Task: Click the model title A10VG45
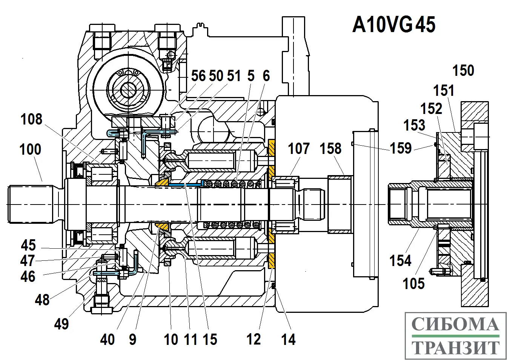[394, 25]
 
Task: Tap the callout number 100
[30, 149]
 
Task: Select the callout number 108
[32, 119]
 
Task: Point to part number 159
[401, 148]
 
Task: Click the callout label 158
[331, 148]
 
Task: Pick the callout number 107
[299, 148]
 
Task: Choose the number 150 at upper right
[463, 71]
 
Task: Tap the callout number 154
[400, 260]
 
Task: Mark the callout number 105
[413, 283]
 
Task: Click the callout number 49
[61, 324]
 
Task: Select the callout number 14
[288, 340]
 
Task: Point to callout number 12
[253, 340]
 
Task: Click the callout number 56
[198, 76]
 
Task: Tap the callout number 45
[28, 245]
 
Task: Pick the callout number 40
[108, 340]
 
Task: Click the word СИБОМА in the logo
[455, 324]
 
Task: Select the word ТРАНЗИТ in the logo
[455, 348]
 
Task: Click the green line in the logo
[455, 335]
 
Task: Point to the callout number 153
[414, 125]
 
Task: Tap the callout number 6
[266, 76]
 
